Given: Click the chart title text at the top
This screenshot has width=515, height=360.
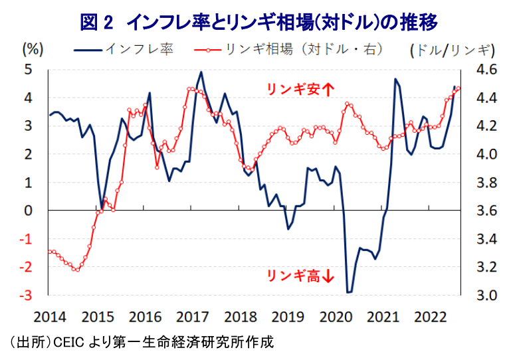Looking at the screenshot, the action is [258, 22].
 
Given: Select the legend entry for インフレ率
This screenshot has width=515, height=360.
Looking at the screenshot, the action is [124, 50].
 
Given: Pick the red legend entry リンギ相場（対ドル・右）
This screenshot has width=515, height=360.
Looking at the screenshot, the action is [288, 50].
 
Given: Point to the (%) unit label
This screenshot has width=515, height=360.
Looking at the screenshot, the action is [33, 50].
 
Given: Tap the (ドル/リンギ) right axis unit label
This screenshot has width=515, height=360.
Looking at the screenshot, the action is [453, 50].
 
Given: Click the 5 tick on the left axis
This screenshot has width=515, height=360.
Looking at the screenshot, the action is [29, 70].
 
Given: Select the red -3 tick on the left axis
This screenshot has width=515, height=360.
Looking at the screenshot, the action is [26, 296].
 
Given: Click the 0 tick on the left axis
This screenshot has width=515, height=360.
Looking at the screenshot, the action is [29, 211].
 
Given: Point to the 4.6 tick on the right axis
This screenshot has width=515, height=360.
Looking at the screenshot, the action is [487, 70].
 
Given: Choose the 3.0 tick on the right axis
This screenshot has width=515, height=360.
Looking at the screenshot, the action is [487, 296].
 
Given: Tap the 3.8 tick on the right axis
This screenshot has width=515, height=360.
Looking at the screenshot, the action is [487, 183].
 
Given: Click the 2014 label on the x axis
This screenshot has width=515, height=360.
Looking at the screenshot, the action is [50, 317].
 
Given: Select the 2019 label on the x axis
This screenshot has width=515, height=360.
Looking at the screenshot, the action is [288, 317].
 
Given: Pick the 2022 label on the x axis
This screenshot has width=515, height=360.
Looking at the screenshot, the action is [430, 317].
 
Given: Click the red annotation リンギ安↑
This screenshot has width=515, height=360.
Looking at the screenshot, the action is [300, 89].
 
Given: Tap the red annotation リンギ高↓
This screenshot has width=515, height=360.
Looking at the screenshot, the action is [300, 276].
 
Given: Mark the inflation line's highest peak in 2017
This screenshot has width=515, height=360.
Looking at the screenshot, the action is [201, 72].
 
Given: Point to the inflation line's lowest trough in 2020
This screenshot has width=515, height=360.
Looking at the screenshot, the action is [349, 292].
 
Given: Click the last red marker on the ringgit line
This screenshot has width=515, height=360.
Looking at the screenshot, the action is [459, 88].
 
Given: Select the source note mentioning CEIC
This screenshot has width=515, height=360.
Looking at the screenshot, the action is [142, 342].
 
